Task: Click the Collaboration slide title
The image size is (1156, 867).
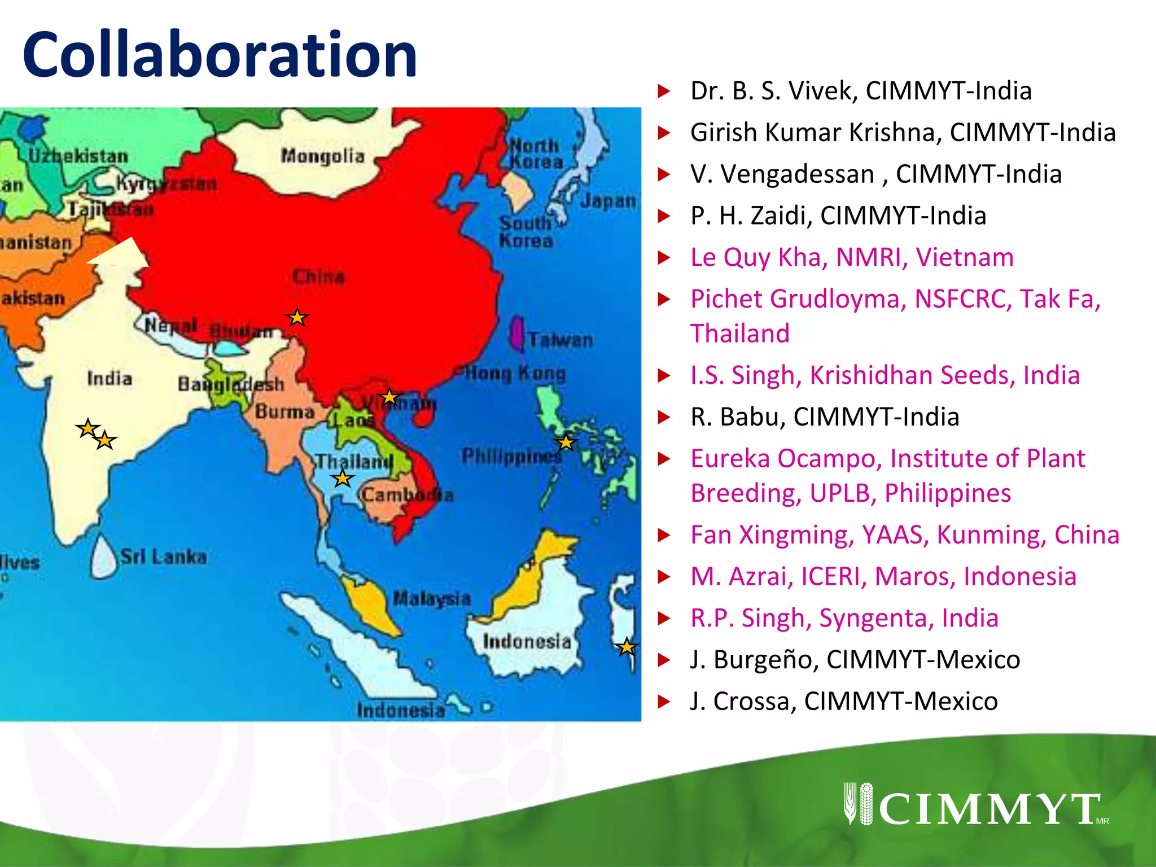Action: pos(220,55)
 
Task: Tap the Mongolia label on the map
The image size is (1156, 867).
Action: pos(323,156)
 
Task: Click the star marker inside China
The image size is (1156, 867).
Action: pos(297,318)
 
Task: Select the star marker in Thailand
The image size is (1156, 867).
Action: pos(343,479)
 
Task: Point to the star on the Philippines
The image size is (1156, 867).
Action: pos(566,443)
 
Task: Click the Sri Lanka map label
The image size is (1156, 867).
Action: pos(164,557)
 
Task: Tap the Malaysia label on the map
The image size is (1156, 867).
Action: pos(432,598)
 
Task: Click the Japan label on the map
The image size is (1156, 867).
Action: pos(608,201)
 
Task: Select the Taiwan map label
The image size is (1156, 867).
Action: pos(561,340)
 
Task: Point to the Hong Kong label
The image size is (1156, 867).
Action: pos(515,373)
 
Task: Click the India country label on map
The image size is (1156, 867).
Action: pos(110,378)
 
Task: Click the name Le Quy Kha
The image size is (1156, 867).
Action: pos(759,257)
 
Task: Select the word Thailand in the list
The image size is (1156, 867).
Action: pos(740,334)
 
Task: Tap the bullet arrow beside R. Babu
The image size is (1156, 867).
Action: pos(664,417)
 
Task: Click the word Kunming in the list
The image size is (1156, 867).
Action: pos(988,535)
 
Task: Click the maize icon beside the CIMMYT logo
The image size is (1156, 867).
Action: pos(858,803)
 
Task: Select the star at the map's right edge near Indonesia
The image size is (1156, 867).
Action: pos(627,647)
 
